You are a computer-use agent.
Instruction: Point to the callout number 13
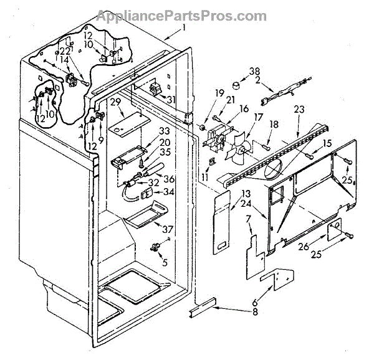click(x=228, y=193)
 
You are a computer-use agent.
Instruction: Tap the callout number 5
click(x=165, y=262)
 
